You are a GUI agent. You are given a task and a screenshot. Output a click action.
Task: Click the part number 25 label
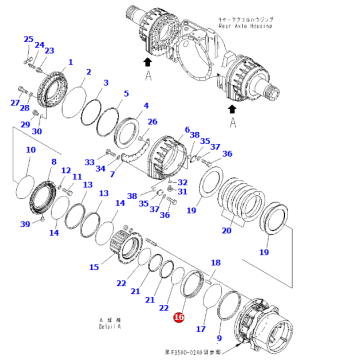click(x=28, y=39)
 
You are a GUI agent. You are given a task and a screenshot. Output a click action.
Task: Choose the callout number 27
click(x=15, y=103)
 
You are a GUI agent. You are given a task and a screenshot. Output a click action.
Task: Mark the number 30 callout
click(x=37, y=131)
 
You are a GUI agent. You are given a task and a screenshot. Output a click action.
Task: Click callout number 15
click(x=94, y=268)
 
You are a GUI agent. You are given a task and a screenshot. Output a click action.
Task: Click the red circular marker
click(x=178, y=319)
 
